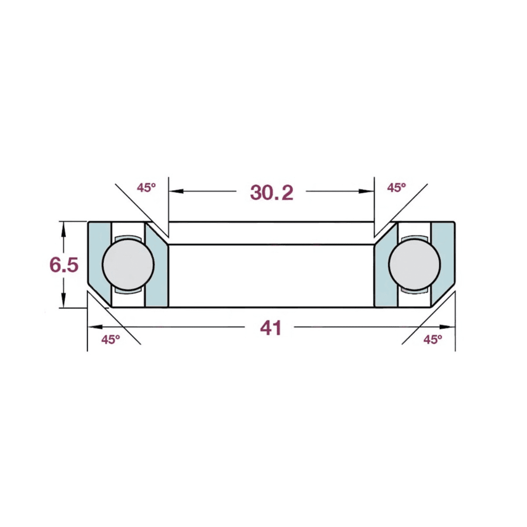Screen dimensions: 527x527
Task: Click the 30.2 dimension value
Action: [x=271, y=193]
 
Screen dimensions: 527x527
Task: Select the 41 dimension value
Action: [x=271, y=328]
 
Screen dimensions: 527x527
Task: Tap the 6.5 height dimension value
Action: [x=64, y=265]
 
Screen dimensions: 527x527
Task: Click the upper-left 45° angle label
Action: [x=146, y=188]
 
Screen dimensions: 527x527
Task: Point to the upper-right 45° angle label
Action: [x=397, y=188]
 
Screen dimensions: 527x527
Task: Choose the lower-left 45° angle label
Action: [x=111, y=339]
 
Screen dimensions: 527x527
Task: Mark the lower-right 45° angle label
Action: [x=433, y=339]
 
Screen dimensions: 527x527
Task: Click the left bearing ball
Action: [x=128, y=264]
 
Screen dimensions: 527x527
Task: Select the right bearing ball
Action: [x=414, y=264]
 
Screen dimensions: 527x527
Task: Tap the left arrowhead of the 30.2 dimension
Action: [x=176, y=191]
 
